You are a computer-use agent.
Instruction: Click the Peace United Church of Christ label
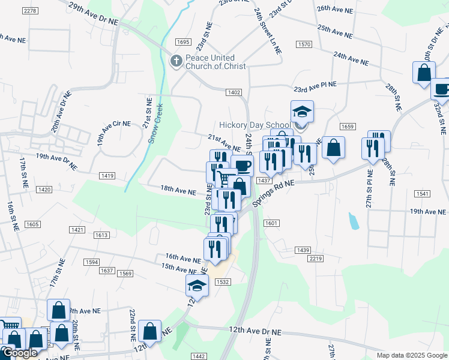click(215, 62)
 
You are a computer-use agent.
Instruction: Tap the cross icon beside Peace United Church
click(176, 61)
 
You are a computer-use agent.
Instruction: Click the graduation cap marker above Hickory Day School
click(302, 112)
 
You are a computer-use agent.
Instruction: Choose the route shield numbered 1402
click(234, 92)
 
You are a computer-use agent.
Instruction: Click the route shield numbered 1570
click(304, 44)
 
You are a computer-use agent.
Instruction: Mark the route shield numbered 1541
click(422, 194)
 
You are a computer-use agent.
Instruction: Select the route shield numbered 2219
click(316, 259)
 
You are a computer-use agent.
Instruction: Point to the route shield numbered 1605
click(32, 224)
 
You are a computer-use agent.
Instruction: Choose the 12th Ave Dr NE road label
click(255, 331)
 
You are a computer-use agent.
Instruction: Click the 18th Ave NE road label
click(178, 190)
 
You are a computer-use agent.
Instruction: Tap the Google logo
click(19, 353)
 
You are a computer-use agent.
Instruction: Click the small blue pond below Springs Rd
click(354, 221)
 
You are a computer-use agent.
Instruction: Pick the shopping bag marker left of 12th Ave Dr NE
click(149, 331)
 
